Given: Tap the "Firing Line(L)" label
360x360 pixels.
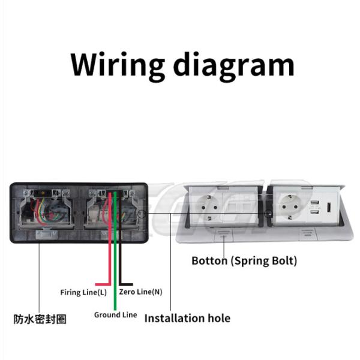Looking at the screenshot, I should tap(83, 292).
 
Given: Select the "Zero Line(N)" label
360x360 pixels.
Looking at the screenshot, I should tap(140, 292).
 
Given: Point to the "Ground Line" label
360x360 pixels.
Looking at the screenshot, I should tap(115, 314).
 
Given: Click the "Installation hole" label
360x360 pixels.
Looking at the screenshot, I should tap(187, 317).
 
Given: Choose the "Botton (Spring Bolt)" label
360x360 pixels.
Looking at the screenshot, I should tap(244, 261).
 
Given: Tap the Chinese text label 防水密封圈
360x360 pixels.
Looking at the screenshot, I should tap(40, 319).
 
